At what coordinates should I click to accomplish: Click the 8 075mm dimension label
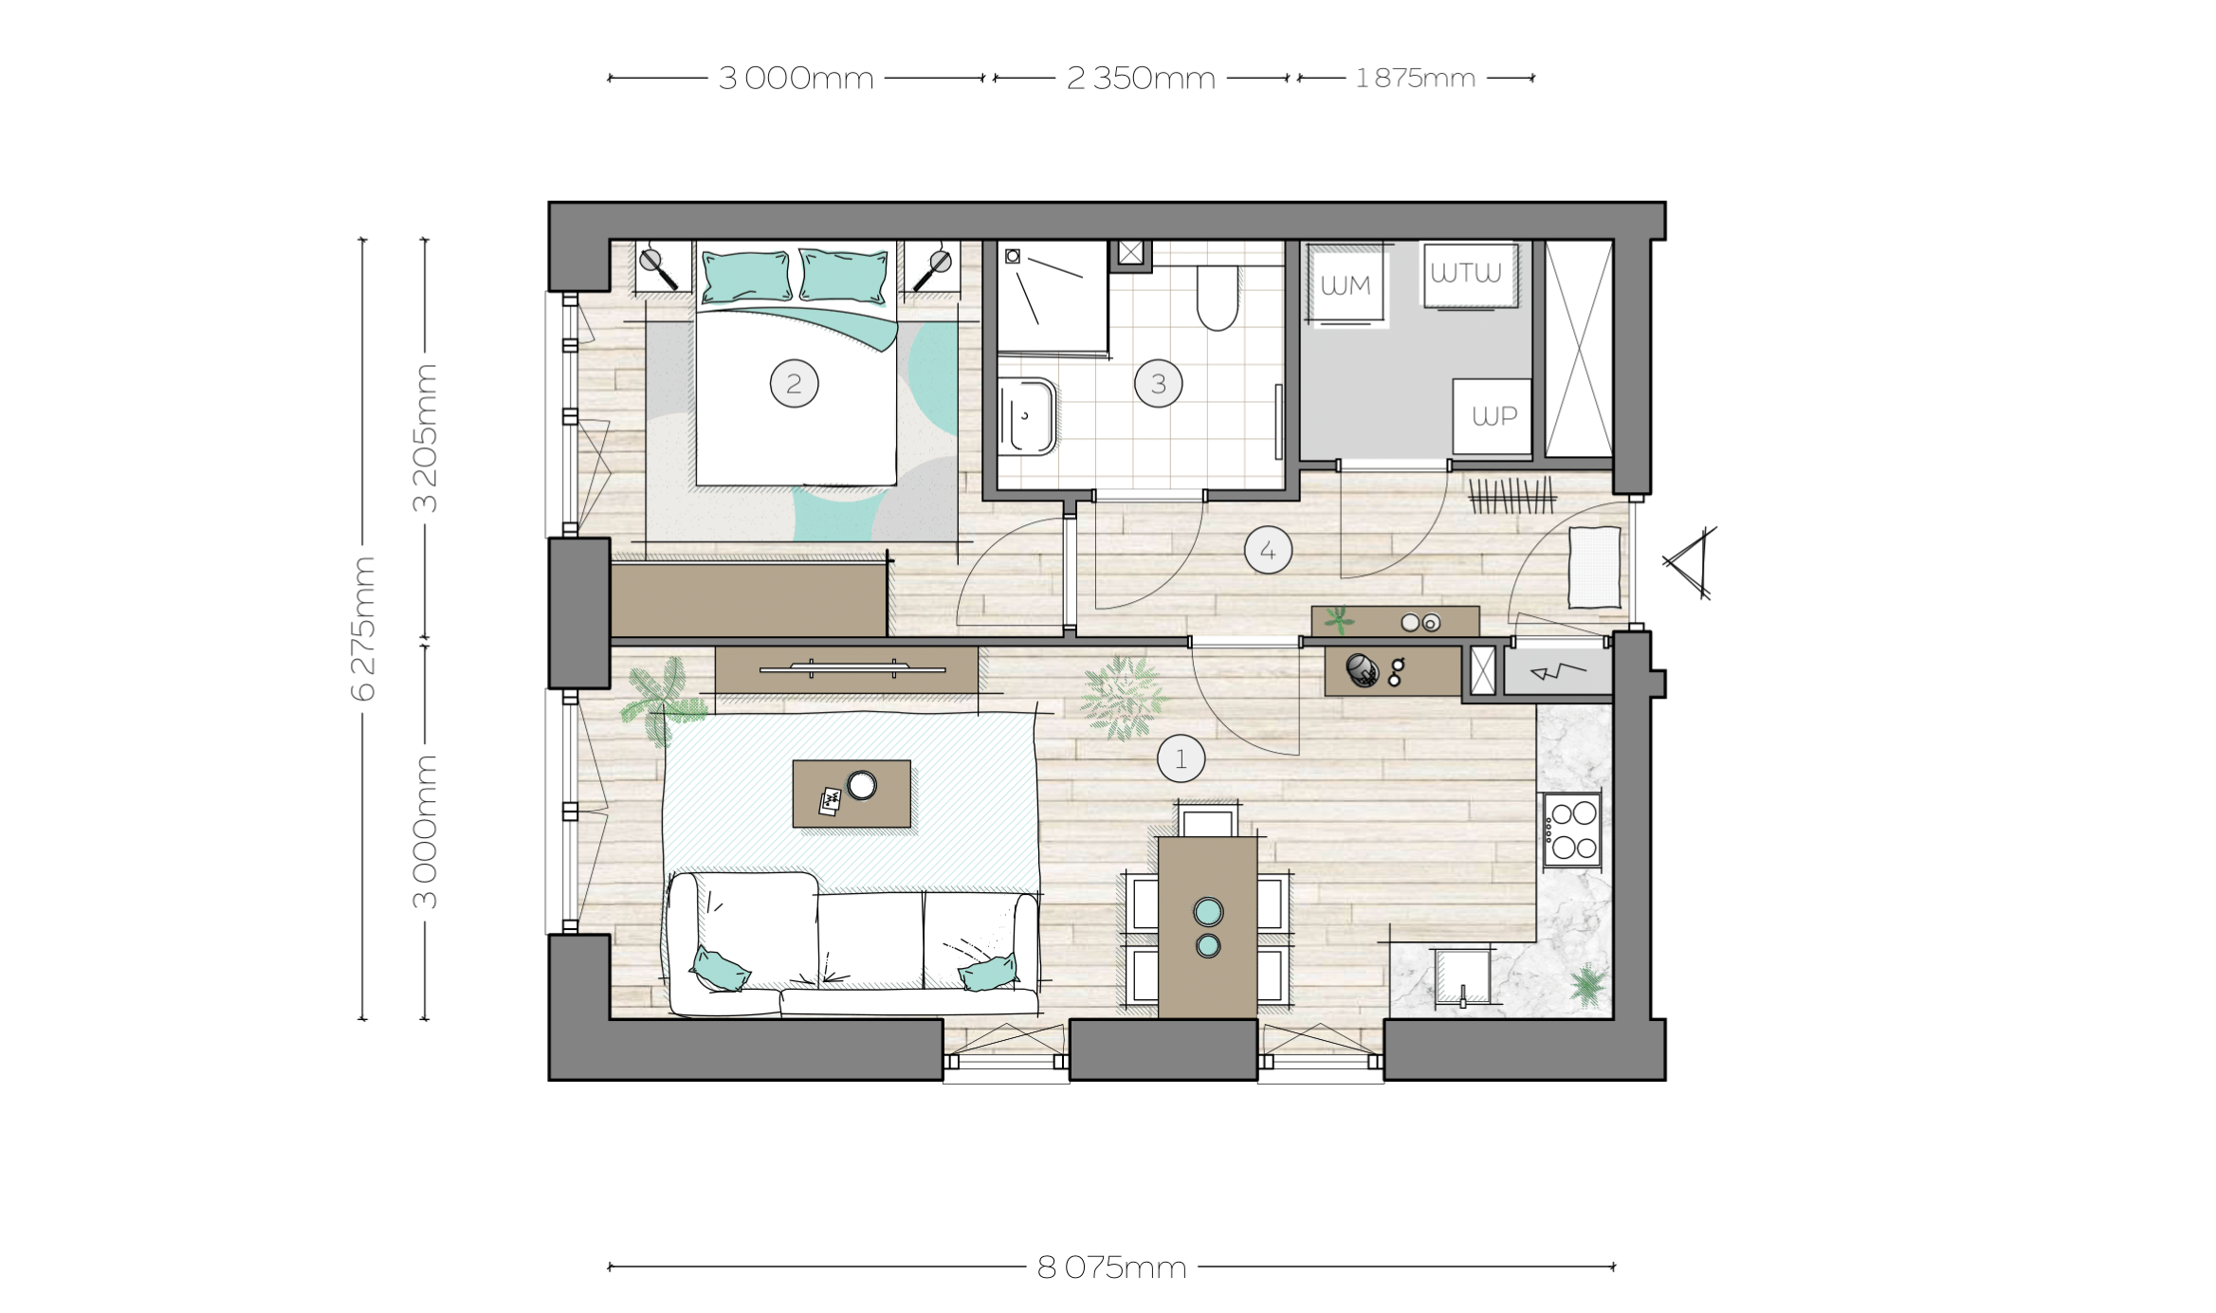1111,1267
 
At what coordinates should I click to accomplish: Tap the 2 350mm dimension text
1141,78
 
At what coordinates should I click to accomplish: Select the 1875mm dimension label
1415,78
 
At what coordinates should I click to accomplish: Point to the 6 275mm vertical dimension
363,629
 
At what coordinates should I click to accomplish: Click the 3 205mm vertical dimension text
426,438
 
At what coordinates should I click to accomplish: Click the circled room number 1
1181,758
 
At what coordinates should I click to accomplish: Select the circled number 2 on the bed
794,383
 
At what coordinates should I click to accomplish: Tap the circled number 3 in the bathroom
1158,383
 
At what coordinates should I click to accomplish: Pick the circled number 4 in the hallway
1268,550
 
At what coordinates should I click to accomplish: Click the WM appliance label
1346,285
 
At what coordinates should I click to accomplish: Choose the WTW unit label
1466,273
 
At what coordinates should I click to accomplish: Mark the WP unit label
1494,415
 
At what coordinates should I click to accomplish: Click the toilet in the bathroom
1217,296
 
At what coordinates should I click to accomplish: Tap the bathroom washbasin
1028,416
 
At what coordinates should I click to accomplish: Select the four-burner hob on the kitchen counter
1573,830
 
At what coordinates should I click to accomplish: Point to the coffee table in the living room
852,793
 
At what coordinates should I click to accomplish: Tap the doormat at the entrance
1595,567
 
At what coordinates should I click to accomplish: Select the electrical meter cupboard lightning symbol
1557,672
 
